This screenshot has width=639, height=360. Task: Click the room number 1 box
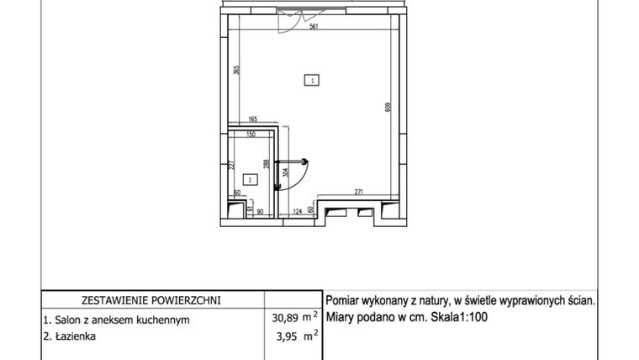312,81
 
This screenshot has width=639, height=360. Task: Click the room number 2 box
250,179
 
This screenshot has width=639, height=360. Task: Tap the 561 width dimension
314,26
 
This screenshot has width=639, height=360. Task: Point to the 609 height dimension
388,108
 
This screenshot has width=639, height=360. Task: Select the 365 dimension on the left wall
237,72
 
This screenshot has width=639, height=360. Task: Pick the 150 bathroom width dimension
250,134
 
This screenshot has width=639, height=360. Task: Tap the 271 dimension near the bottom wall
358,193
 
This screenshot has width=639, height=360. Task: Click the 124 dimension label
296,210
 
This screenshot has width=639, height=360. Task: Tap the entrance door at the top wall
289,19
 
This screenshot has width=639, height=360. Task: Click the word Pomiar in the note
344,299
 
